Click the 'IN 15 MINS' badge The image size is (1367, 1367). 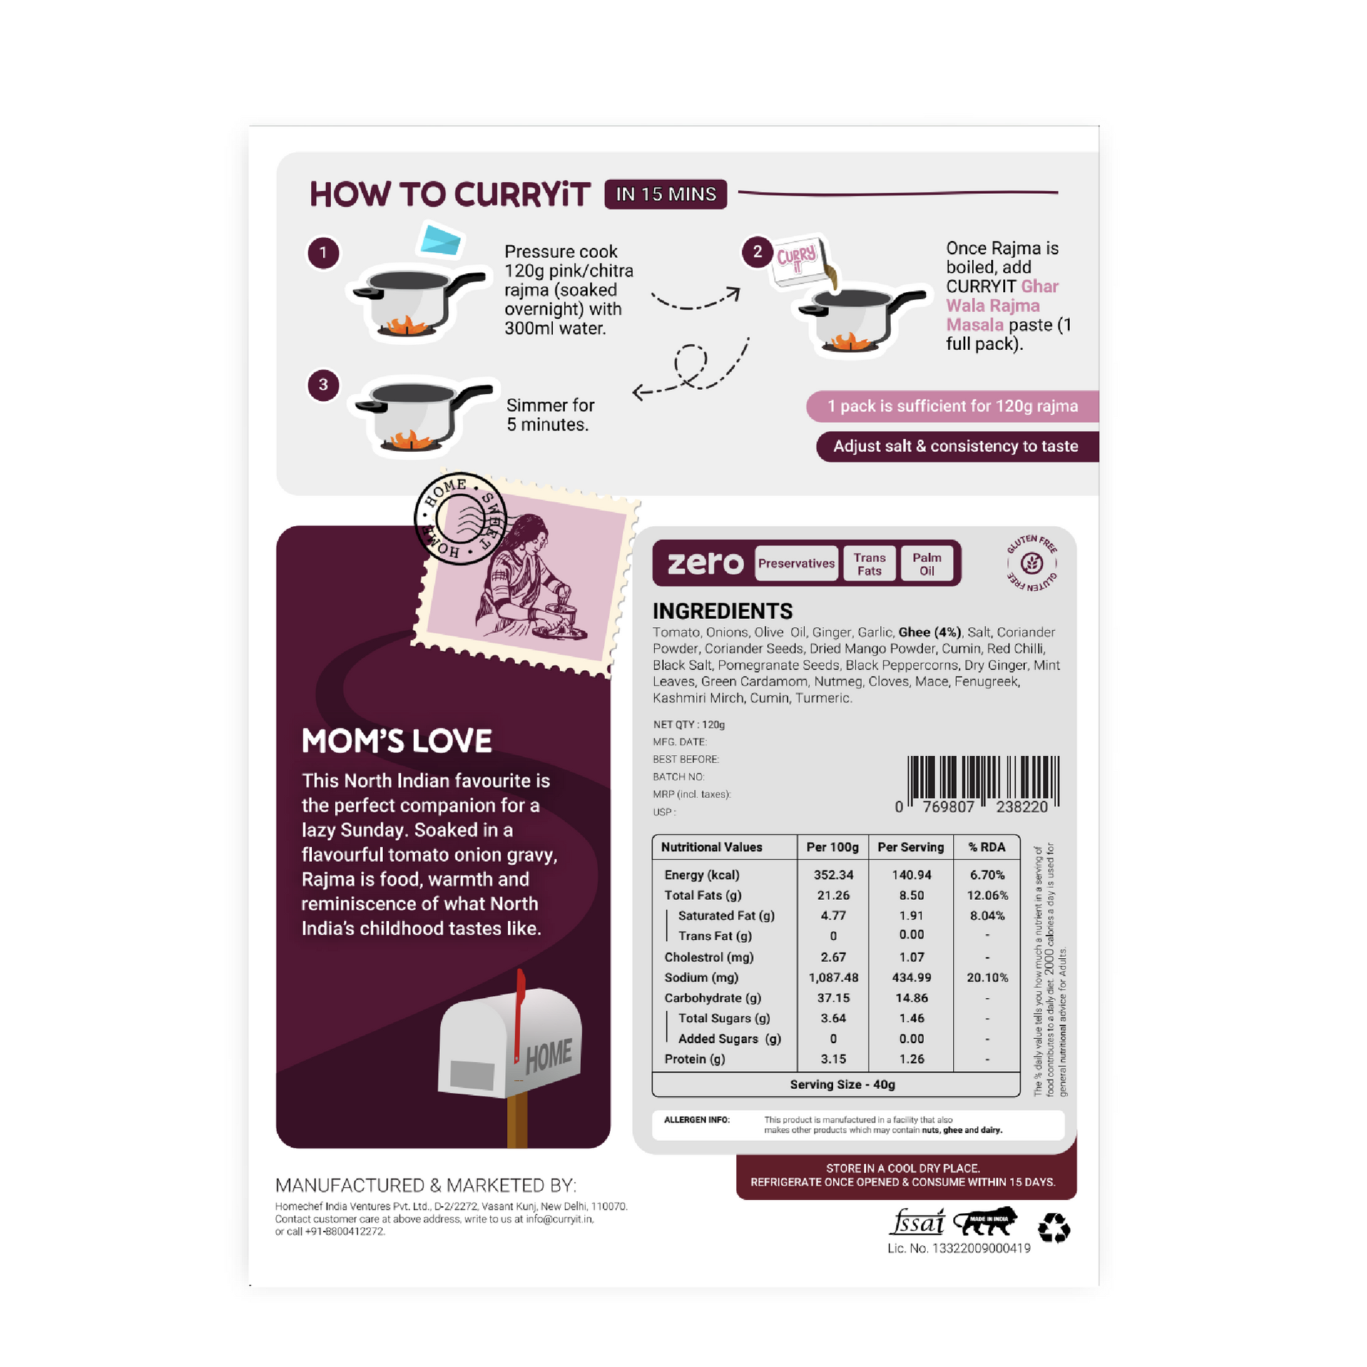pyautogui.click(x=665, y=194)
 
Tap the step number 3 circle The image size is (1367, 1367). pyautogui.click(x=323, y=384)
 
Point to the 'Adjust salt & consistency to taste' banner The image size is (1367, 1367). pyautogui.click(x=957, y=447)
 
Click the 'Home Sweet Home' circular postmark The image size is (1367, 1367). pyautogui.click(x=461, y=518)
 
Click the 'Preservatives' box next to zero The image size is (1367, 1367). pyautogui.click(x=796, y=563)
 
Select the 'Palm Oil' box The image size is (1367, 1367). pyautogui.click(x=926, y=564)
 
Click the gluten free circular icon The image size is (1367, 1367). pyautogui.click(x=1032, y=563)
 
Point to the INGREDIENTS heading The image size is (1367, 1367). pyautogui.click(x=722, y=610)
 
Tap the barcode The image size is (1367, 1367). pyautogui.click(x=983, y=784)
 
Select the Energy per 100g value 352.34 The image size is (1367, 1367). pyautogui.click(x=834, y=875)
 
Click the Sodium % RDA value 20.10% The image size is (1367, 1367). pyautogui.click(x=987, y=977)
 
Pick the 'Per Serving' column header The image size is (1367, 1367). pyautogui.click(x=910, y=847)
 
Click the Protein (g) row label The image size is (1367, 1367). pyautogui.click(x=695, y=1059)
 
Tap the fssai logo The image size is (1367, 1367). pyautogui.click(x=917, y=1222)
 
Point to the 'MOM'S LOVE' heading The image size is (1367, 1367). pyautogui.click(x=396, y=741)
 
